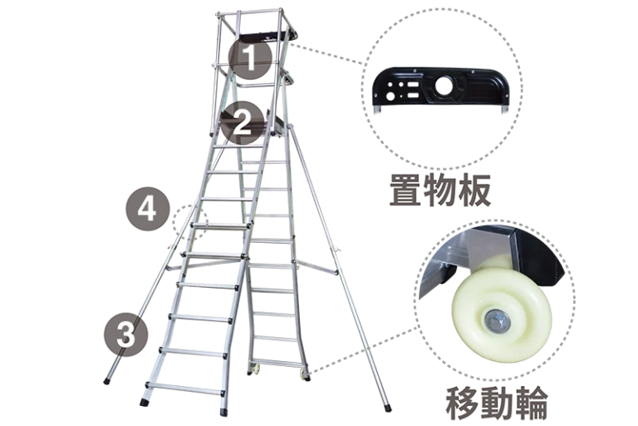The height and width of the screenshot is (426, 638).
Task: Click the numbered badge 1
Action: (x=250, y=58)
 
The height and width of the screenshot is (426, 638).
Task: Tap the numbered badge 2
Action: (x=243, y=121)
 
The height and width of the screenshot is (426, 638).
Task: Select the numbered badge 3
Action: (x=126, y=334)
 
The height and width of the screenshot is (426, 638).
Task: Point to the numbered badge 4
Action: (x=147, y=210)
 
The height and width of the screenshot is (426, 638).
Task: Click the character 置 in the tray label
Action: (x=406, y=191)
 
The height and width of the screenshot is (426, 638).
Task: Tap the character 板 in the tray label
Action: (x=475, y=191)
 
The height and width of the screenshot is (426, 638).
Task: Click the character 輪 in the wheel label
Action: (x=530, y=404)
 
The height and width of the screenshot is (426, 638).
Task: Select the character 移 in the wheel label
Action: (x=462, y=404)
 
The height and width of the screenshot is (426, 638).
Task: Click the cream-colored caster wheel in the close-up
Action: (x=502, y=313)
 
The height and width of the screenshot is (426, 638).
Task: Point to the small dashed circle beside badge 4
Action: (x=190, y=223)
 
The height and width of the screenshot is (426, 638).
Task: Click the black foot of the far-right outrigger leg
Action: (x=386, y=407)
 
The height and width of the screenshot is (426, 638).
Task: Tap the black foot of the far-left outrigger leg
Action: (x=107, y=382)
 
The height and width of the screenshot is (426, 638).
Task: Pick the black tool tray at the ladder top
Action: (x=268, y=37)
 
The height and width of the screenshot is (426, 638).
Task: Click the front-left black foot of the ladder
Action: (x=144, y=403)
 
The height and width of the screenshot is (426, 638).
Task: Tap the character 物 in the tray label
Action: (x=440, y=191)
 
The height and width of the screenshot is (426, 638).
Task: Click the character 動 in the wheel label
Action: (x=497, y=404)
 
